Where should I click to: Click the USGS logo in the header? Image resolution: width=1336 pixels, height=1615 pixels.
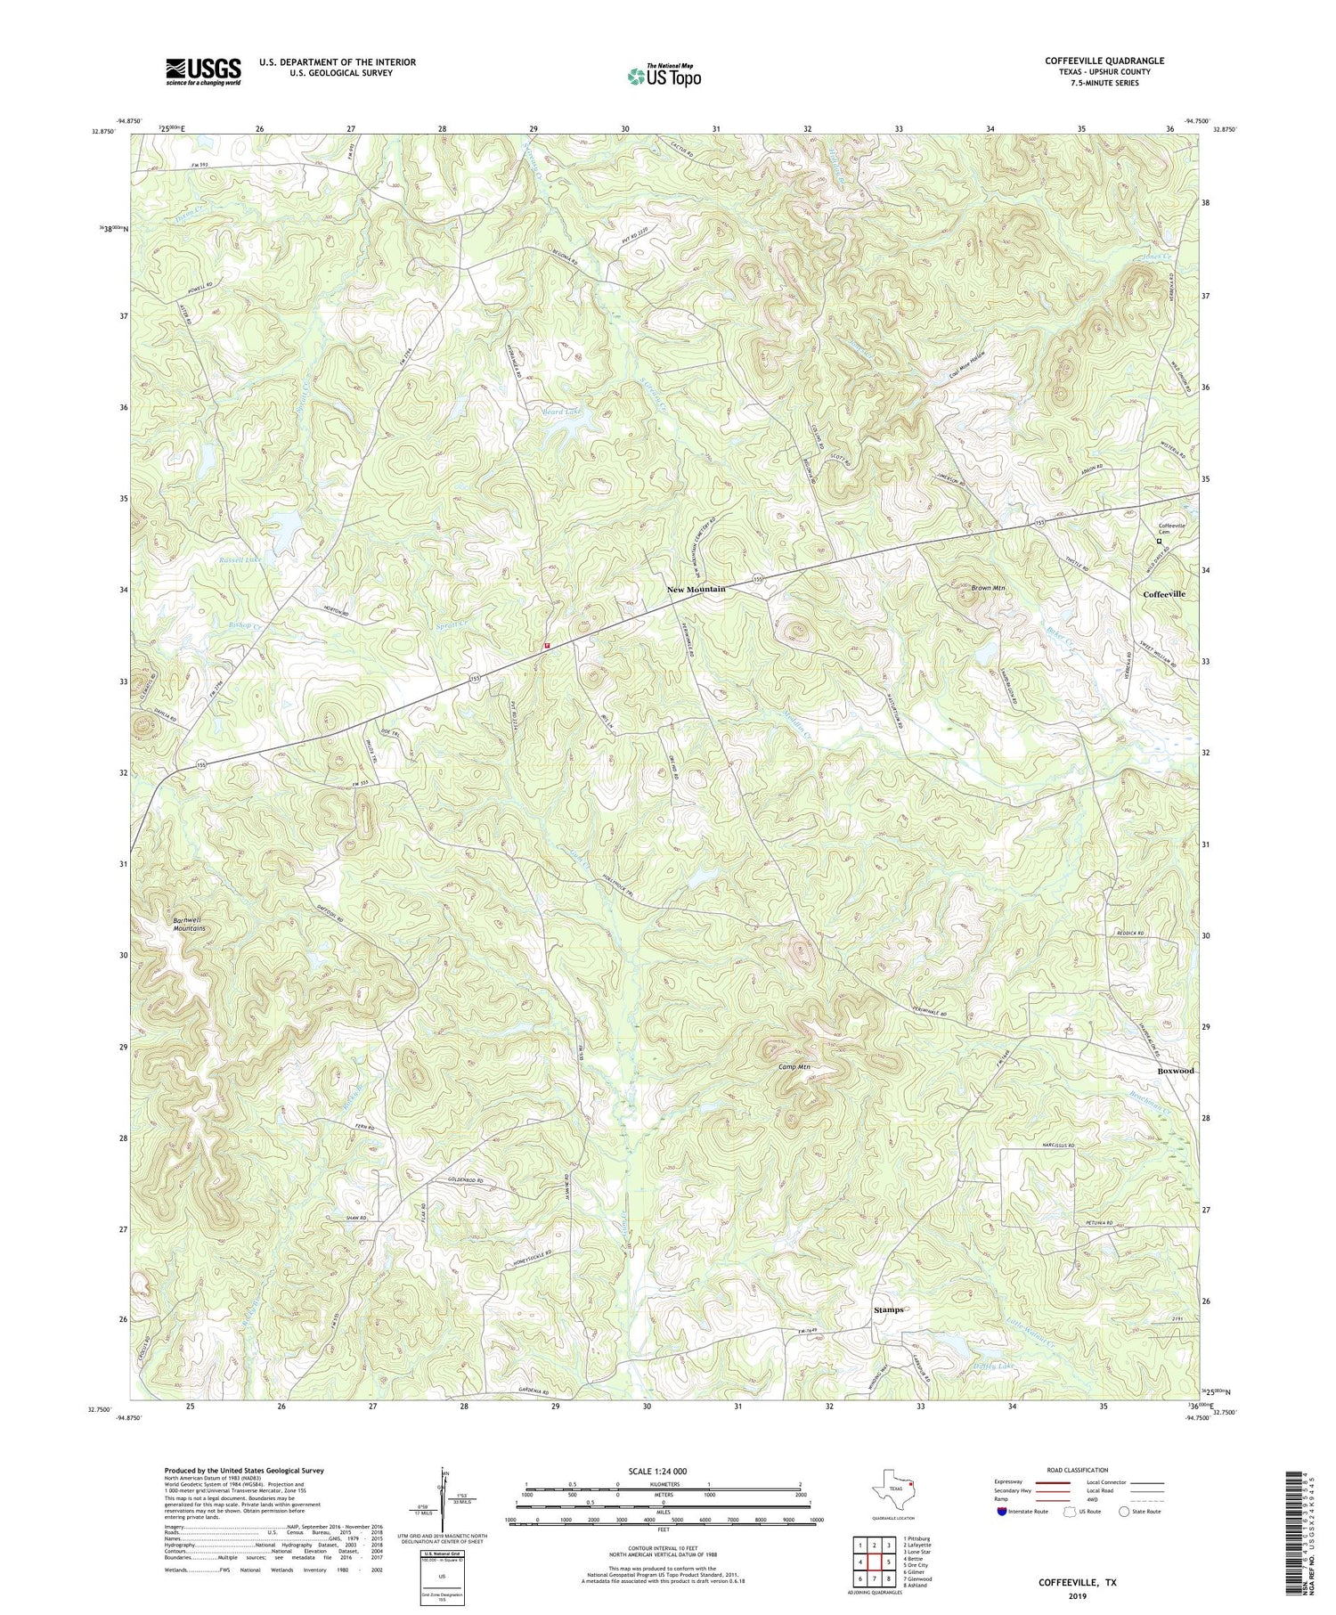click(x=203, y=71)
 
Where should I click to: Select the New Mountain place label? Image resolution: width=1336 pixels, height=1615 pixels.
click(x=697, y=589)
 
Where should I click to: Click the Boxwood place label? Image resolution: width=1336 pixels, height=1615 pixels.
click(x=1175, y=1071)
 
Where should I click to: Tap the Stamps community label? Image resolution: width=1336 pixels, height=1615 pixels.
click(x=888, y=1310)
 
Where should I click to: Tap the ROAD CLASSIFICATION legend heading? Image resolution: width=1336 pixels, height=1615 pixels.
click(x=1078, y=1470)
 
